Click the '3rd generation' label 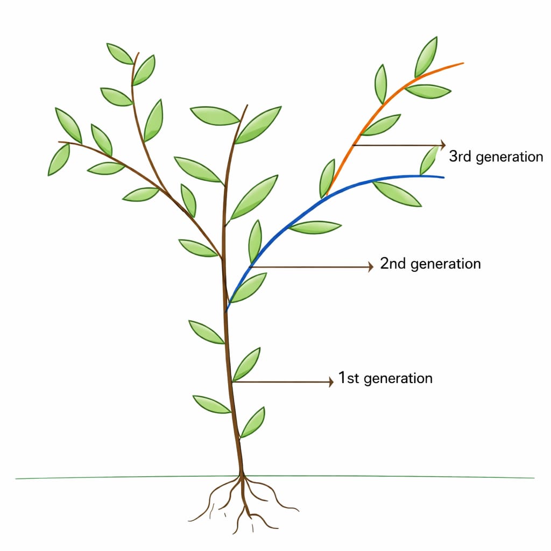pyautogui.click(x=496, y=157)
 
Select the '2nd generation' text pyautogui.click(x=430, y=264)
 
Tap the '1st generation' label pyautogui.click(x=385, y=378)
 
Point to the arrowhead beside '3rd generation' pyautogui.click(x=443, y=145)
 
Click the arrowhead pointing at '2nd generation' pyautogui.click(x=370, y=266)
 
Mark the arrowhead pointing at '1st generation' pyautogui.click(x=330, y=382)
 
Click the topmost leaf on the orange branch pyautogui.click(x=426, y=57)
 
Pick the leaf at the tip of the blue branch pyautogui.click(x=429, y=160)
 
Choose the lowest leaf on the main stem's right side pyautogui.click(x=252, y=422)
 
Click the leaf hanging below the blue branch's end pyautogui.click(x=397, y=194)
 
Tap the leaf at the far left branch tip pyautogui.click(x=59, y=159)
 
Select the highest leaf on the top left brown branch pyautogui.click(x=119, y=53)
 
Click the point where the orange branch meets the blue pyautogui.click(x=327, y=194)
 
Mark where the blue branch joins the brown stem pyautogui.click(x=227, y=310)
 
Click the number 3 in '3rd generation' pyautogui.click(x=453, y=157)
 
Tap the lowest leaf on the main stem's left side pyautogui.click(x=211, y=405)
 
